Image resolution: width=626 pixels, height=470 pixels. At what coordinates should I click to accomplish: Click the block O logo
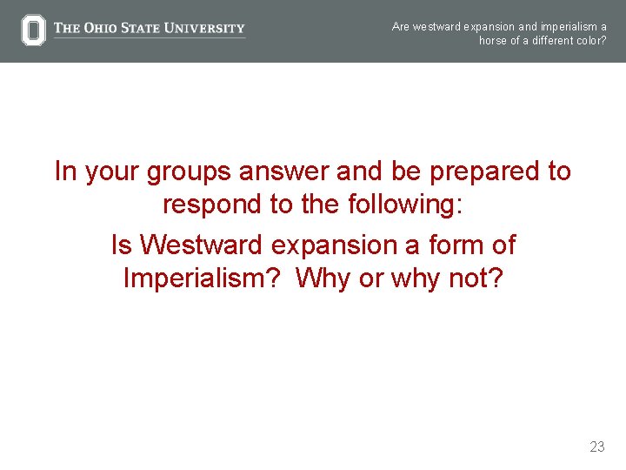pos(33,30)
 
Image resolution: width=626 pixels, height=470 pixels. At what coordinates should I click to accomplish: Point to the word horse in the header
pos(493,41)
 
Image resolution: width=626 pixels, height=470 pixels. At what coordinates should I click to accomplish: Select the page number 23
pos(596,446)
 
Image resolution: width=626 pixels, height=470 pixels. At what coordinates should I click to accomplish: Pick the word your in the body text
pos(110,172)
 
